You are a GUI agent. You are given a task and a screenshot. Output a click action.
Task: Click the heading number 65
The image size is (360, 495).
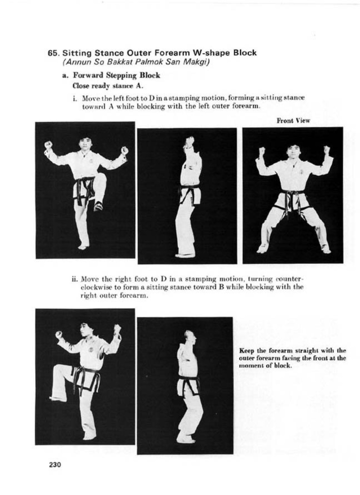[54, 53]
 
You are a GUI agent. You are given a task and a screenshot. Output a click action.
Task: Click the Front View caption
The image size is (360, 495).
[293, 120]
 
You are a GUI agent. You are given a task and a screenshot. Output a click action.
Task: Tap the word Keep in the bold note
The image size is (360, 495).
[246, 351]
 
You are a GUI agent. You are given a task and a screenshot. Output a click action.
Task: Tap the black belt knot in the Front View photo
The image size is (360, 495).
[292, 194]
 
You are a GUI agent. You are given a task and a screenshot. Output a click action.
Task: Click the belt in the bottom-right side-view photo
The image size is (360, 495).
[187, 379]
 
